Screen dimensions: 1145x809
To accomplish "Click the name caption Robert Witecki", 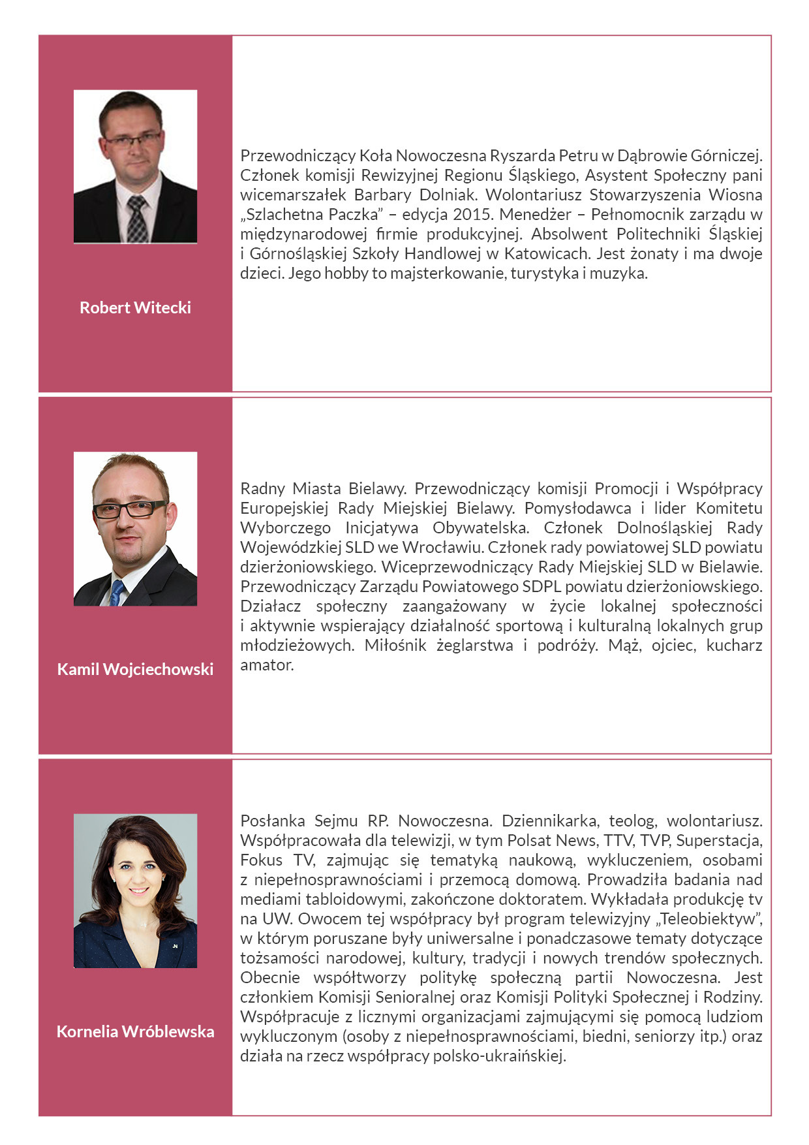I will pyautogui.click(x=135, y=307).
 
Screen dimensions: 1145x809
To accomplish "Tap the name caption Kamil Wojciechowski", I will pyautogui.click(x=135, y=669).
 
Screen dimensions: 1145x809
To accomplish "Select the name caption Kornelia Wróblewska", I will pyautogui.click(x=135, y=1031).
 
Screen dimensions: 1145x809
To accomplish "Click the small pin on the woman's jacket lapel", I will pyautogui.click(x=175, y=945).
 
